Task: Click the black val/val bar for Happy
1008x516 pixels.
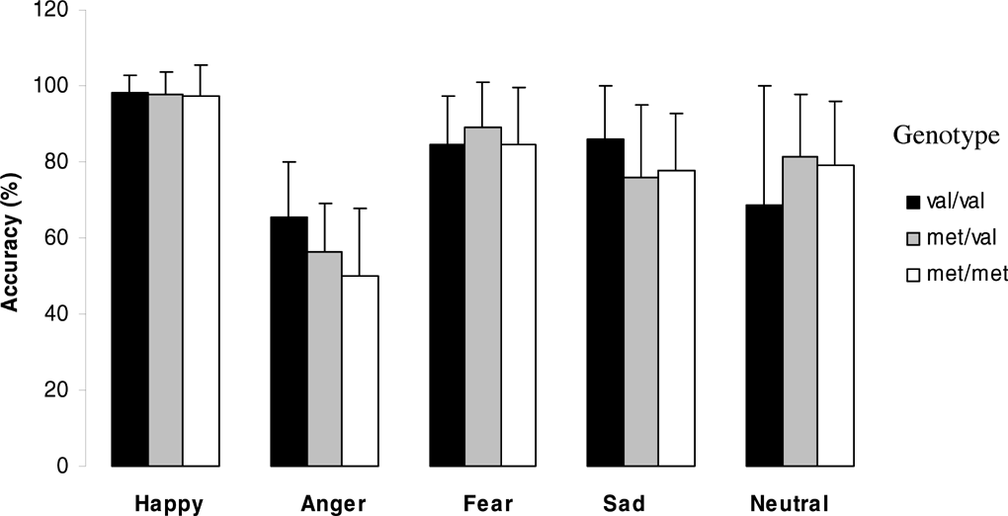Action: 130,279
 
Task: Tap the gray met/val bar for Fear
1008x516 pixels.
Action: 483,297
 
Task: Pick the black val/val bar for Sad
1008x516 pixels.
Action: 606,302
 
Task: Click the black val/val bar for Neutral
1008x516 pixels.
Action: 764,335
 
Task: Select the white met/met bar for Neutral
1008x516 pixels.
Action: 836,315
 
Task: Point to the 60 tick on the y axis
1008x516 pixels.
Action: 61,238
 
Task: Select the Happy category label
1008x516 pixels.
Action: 169,503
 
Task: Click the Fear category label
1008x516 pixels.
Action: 487,503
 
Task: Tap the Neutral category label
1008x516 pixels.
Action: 790,503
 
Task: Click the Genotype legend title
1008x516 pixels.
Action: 946,137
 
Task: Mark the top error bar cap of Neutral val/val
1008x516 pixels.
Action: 764,86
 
